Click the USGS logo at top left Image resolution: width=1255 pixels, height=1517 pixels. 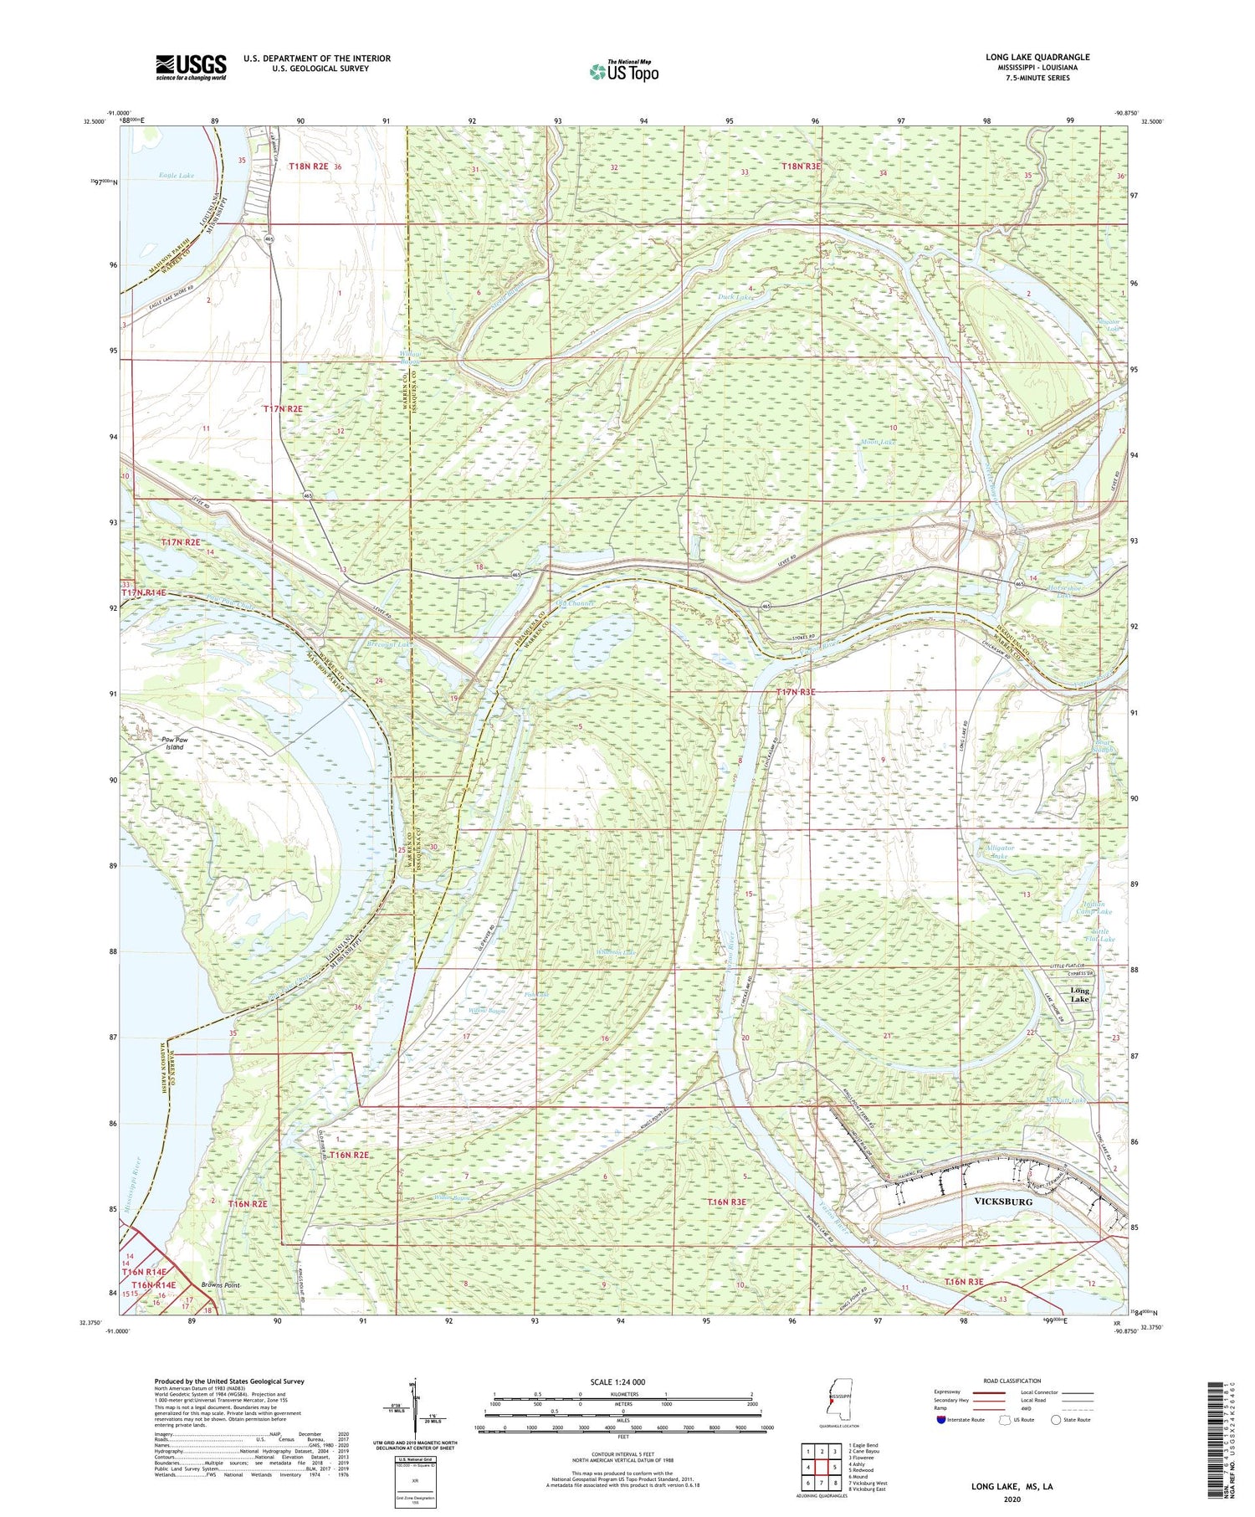191,68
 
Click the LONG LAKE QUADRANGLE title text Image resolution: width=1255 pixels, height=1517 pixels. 1037,57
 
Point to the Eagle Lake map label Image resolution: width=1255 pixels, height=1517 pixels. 177,176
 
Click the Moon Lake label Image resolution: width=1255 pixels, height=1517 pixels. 877,441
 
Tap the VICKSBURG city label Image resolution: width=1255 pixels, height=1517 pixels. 1003,1201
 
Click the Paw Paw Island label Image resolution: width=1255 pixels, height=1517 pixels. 173,743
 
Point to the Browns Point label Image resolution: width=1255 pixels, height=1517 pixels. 220,1284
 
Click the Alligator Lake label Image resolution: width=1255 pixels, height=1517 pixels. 998,852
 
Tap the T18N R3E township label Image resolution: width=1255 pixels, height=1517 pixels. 801,167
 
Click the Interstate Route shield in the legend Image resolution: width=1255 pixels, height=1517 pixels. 940,1420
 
